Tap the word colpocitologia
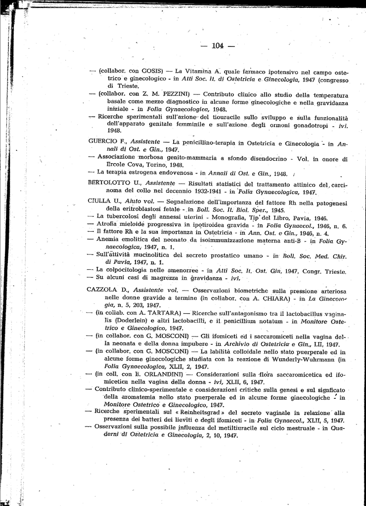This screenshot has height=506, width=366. pyautogui.click(x=127, y=270)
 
